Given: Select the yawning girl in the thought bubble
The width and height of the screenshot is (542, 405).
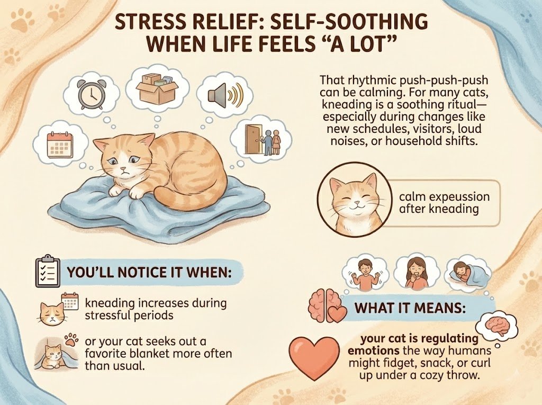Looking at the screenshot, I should tap(413, 271).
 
